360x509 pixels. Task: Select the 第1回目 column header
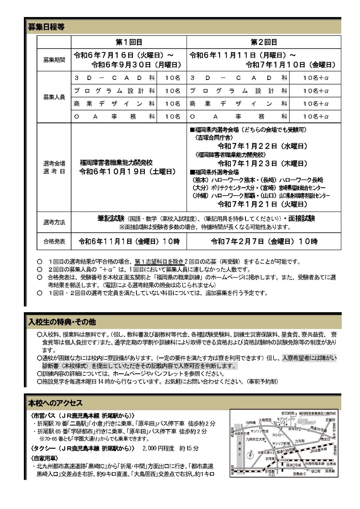coord(128,42)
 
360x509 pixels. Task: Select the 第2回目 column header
coord(263,42)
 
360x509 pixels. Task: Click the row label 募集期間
coord(54,60)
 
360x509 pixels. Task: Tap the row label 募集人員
coord(54,97)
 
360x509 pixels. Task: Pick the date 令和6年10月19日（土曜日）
coord(128,171)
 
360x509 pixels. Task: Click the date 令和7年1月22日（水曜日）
coord(262,146)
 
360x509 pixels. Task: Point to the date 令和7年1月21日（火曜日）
coord(262,204)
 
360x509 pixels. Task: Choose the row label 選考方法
coord(54,222)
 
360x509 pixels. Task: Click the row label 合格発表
coord(54,241)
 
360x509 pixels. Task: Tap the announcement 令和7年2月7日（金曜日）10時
coord(264,241)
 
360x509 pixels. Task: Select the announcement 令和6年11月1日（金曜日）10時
coord(129,241)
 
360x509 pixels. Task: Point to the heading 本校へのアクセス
coord(55,403)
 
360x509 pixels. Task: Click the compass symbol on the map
coord(250,455)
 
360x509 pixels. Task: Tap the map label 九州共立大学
coord(255,439)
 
